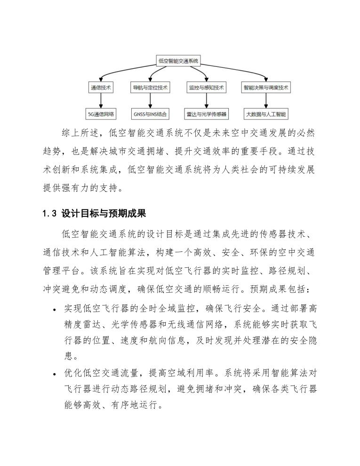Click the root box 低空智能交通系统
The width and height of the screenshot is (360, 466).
tap(179, 61)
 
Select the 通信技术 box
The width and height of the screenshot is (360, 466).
tap(101, 88)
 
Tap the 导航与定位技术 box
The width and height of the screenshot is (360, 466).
tap(150, 88)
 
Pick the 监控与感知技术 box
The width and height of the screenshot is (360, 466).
tap(206, 88)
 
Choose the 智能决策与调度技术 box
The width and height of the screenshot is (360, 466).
tap(266, 88)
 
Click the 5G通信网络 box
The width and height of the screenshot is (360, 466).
tap(101, 114)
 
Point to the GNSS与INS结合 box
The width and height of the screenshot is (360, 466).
tap(150, 114)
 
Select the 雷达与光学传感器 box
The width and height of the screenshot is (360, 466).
tap(206, 114)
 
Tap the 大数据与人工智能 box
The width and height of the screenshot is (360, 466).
tap(266, 114)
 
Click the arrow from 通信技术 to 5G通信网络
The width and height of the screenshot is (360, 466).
tap(101, 101)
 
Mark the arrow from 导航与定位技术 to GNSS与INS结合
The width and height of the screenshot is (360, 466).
tap(150, 101)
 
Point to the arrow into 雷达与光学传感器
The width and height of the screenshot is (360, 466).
tap(206, 101)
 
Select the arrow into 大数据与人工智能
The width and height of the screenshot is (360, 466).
tap(266, 101)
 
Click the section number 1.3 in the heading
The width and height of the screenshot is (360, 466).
tap(49, 214)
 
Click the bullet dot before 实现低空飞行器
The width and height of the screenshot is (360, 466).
tap(55, 310)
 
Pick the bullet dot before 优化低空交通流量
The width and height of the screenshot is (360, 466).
tap(55, 375)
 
